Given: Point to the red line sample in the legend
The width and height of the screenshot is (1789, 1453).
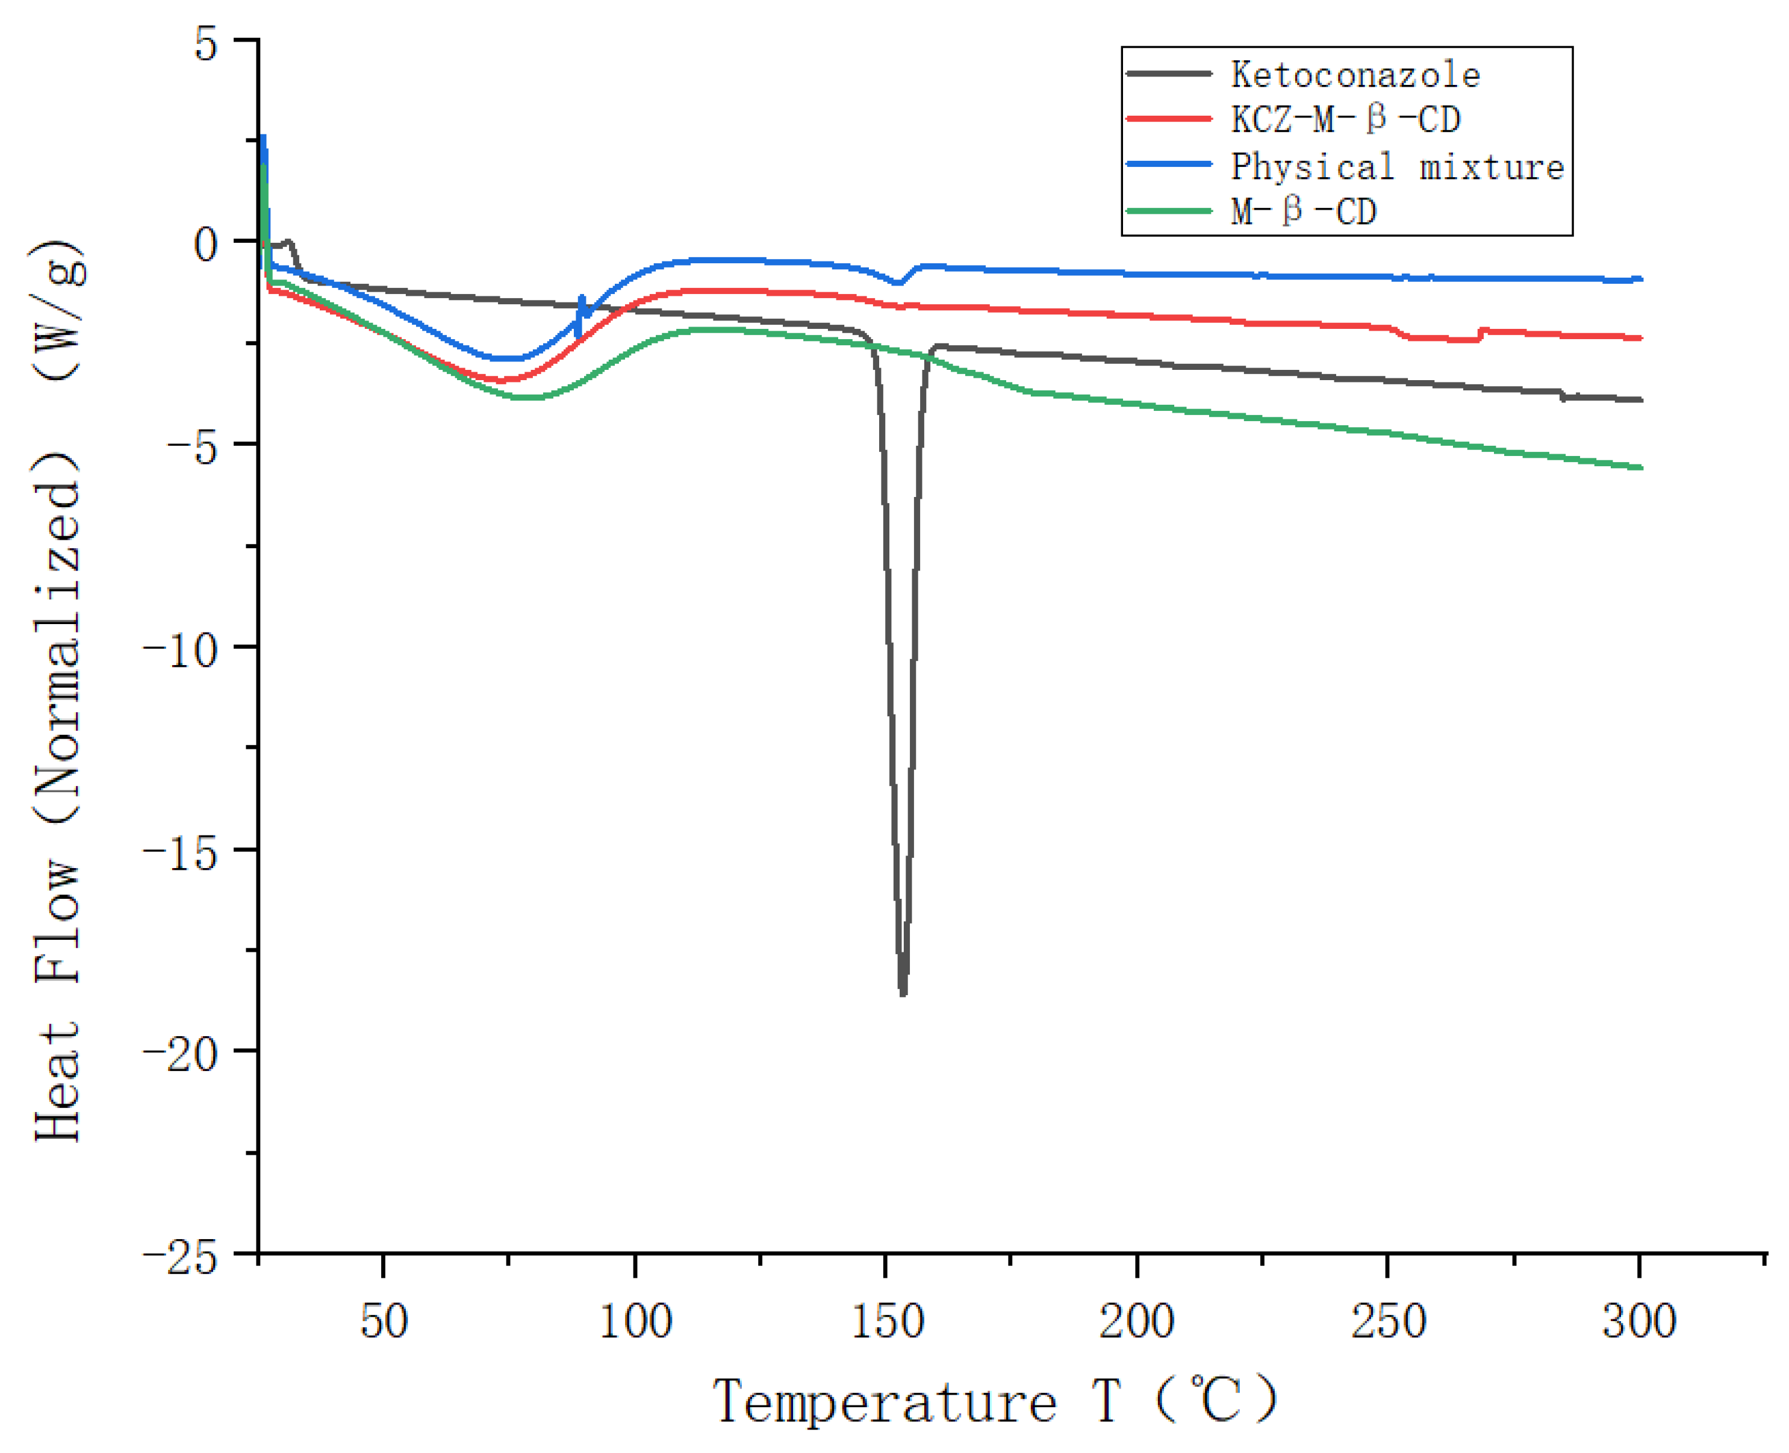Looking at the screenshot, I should (x=1169, y=119).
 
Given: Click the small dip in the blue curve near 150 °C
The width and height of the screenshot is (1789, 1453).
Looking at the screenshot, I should (x=898, y=283).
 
